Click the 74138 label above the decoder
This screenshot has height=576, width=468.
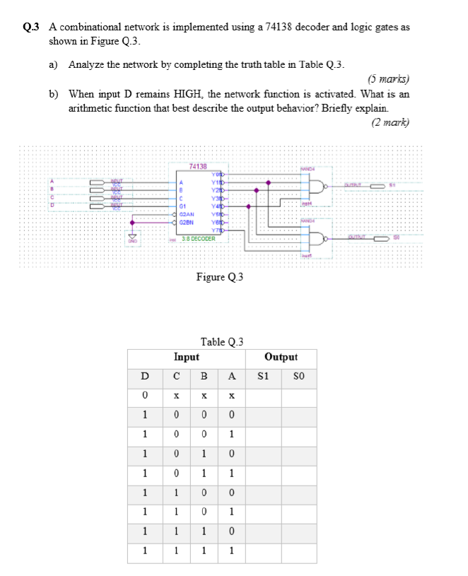pyautogui.click(x=198, y=166)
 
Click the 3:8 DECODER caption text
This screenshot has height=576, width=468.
pyautogui.click(x=199, y=239)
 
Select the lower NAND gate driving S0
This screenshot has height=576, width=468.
pyautogui.click(x=318, y=238)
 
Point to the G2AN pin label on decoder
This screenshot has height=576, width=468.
pyautogui.click(x=187, y=213)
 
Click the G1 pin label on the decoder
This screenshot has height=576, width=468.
pyautogui.click(x=183, y=206)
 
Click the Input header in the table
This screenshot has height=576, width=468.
pyautogui.click(x=187, y=358)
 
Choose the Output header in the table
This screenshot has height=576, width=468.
pyautogui.click(x=281, y=358)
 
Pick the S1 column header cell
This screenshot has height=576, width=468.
pyautogui.click(x=264, y=376)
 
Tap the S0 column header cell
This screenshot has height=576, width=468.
pyautogui.click(x=298, y=376)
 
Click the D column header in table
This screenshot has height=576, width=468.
pyautogui.click(x=145, y=376)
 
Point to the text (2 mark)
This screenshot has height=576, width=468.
pyautogui.click(x=390, y=122)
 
